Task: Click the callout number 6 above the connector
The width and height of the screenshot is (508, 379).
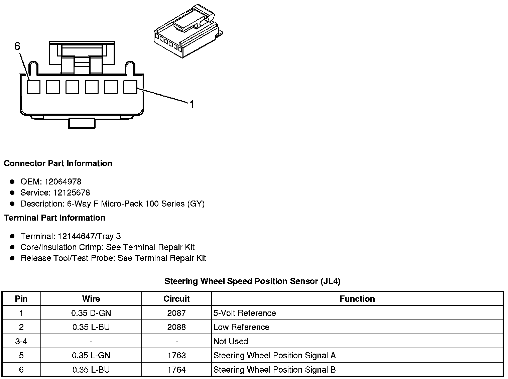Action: click(17, 46)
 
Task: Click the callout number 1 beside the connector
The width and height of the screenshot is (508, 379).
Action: click(192, 105)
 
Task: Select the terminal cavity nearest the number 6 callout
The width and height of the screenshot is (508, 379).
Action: click(33, 87)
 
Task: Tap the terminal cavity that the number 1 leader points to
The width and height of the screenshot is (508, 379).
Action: click(130, 87)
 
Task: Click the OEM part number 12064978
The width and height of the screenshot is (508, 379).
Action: click(62, 182)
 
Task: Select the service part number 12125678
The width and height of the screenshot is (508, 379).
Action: click(72, 193)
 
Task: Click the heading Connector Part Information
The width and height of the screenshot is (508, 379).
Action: click(58, 163)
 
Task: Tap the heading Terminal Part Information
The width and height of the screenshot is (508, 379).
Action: click(54, 218)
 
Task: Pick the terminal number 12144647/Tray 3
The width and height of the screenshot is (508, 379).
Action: click(89, 236)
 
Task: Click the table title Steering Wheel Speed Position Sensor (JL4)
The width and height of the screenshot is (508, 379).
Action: click(252, 281)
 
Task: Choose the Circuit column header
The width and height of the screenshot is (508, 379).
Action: click(176, 299)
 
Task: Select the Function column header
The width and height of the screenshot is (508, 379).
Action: click(357, 299)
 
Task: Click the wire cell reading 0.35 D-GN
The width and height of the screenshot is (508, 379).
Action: click(91, 313)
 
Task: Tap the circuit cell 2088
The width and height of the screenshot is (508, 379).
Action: click(176, 327)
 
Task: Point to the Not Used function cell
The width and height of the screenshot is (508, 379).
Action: click(231, 342)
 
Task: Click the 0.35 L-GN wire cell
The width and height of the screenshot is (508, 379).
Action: click(91, 356)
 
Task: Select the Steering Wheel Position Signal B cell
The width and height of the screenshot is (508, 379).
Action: click(274, 370)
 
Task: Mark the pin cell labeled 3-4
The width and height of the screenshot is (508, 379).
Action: click(21, 342)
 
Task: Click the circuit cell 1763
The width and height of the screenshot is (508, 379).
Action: click(176, 356)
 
